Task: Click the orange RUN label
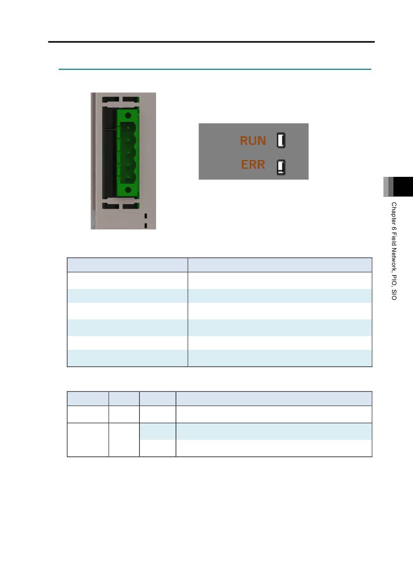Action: click(253, 140)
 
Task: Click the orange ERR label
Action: click(253, 165)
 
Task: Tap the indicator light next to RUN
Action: click(281, 140)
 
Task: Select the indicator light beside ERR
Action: click(281, 167)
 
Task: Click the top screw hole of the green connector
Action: click(128, 115)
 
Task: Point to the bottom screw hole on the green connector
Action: click(128, 190)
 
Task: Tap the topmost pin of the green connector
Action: click(128, 128)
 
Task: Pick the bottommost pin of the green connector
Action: click(128, 177)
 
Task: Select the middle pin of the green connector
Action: click(128, 153)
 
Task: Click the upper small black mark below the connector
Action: click(146, 216)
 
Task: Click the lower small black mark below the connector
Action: click(146, 226)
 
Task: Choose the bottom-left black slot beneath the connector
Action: click(110, 206)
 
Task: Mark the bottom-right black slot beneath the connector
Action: click(131, 206)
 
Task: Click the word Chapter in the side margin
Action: click(394, 213)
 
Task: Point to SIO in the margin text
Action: click(394, 295)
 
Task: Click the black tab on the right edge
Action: click(403, 187)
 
